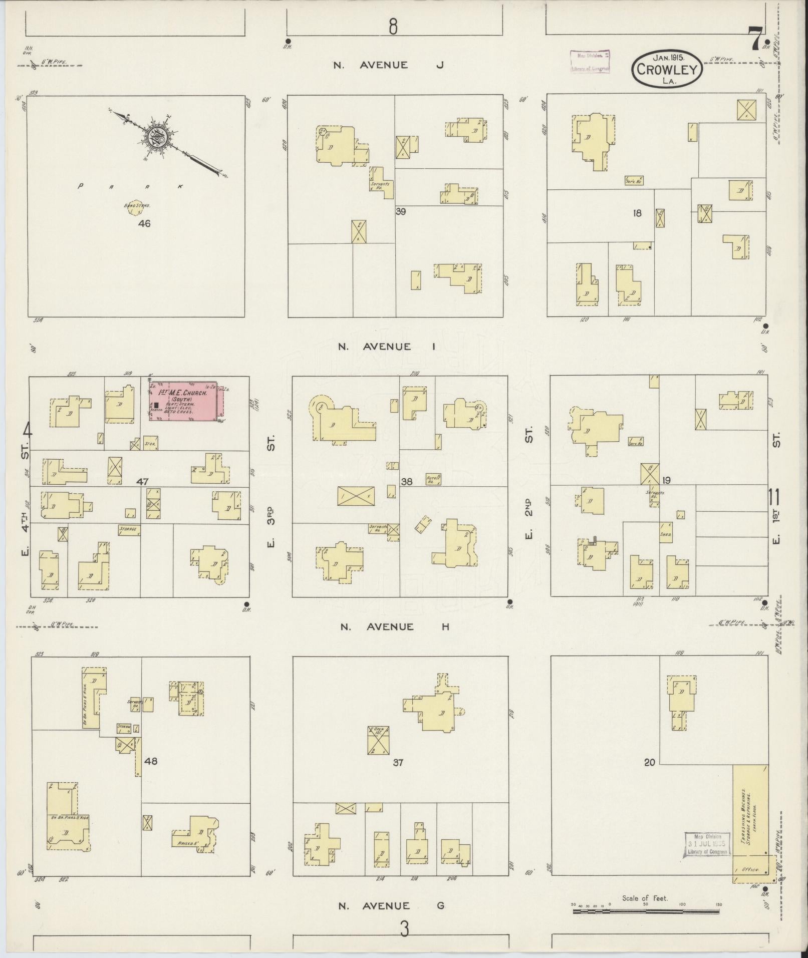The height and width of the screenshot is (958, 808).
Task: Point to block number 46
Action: pyautogui.click(x=145, y=224)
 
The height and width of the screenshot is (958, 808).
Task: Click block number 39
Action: pyautogui.click(x=400, y=211)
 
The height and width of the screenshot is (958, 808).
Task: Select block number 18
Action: pyautogui.click(x=637, y=213)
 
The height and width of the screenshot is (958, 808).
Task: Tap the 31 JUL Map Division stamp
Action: pyautogui.click(x=706, y=844)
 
